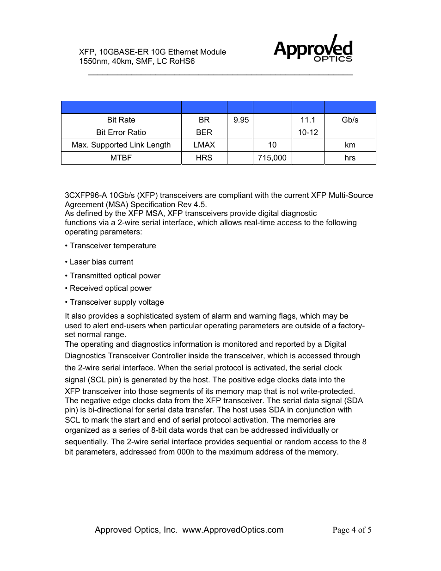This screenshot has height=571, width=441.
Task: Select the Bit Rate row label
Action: (121, 120)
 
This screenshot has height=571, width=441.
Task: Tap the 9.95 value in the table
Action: (241, 120)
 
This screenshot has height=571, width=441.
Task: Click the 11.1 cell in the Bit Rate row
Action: (307, 120)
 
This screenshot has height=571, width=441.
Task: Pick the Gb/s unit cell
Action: (350, 120)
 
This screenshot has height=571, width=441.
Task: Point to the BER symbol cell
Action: (204, 132)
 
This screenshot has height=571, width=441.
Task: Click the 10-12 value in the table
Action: (307, 132)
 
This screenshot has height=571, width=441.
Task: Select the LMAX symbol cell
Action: (204, 145)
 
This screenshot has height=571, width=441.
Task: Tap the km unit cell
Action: (350, 145)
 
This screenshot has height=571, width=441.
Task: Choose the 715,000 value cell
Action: (272, 158)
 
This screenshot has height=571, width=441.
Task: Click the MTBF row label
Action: (121, 158)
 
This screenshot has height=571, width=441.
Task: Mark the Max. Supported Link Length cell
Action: (121, 145)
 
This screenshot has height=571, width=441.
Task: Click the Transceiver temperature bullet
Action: (110, 246)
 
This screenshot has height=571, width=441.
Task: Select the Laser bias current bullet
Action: (99, 262)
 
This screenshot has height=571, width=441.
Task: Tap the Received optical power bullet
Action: (108, 288)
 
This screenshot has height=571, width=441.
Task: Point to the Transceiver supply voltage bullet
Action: (114, 302)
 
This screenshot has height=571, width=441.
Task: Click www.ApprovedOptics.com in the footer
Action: (233, 530)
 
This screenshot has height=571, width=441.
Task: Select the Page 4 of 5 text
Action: (352, 530)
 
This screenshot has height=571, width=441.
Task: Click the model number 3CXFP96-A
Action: (86, 195)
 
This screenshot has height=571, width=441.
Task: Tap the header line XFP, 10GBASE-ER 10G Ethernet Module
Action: (153, 52)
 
